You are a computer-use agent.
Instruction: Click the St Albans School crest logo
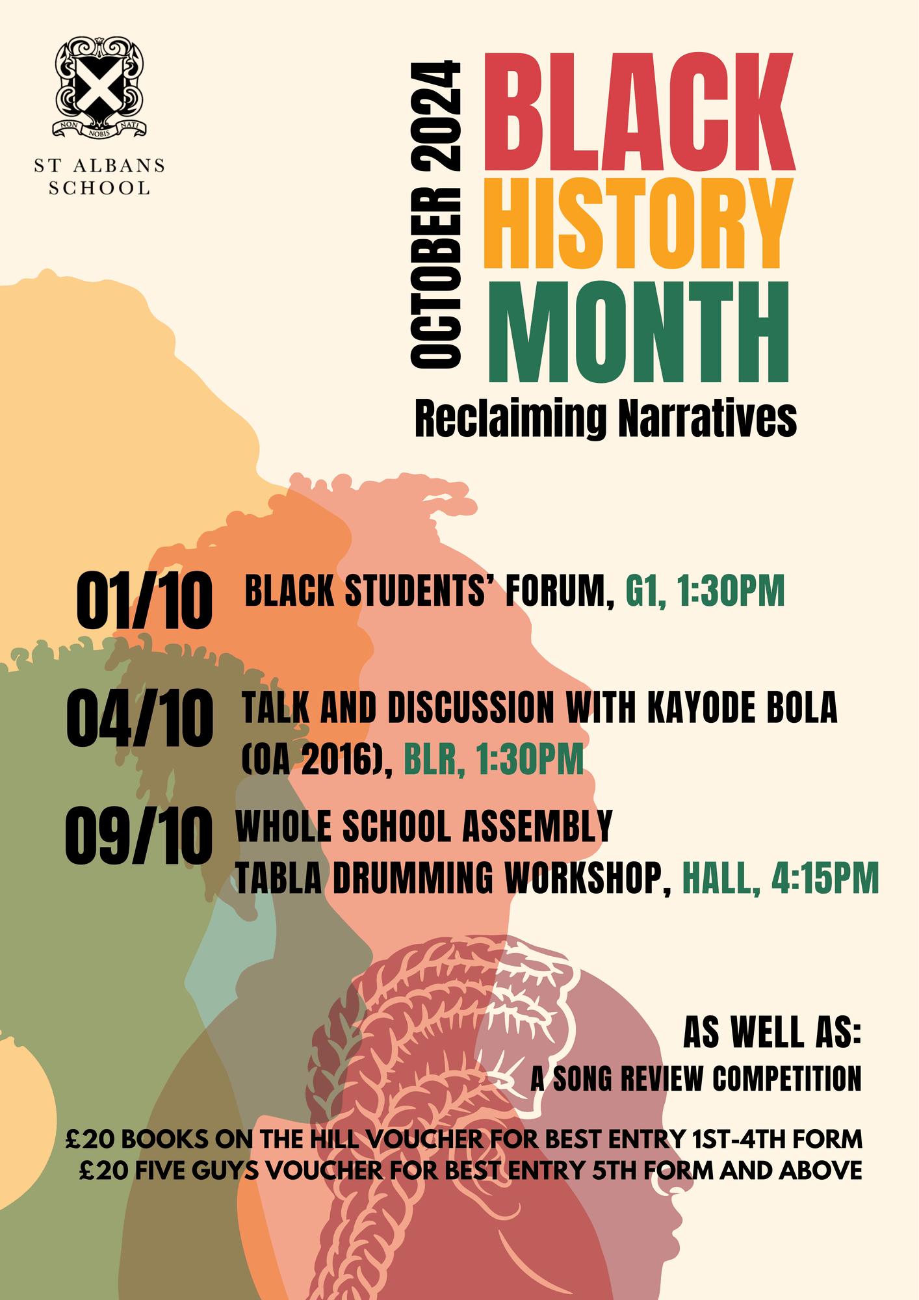(x=99, y=88)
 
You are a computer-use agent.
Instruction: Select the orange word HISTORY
(x=638, y=222)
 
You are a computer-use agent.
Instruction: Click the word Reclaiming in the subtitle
(x=511, y=419)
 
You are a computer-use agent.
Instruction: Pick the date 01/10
(x=144, y=601)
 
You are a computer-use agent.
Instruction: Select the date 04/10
(x=140, y=718)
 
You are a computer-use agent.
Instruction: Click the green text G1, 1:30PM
(x=705, y=591)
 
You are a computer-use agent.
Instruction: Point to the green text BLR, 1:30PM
(x=494, y=759)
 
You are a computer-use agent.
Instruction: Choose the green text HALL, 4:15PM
(x=780, y=879)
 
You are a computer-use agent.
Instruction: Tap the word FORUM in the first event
(x=560, y=591)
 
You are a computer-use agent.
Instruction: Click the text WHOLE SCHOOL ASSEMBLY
(x=424, y=826)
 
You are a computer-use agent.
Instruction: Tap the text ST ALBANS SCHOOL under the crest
(x=99, y=177)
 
